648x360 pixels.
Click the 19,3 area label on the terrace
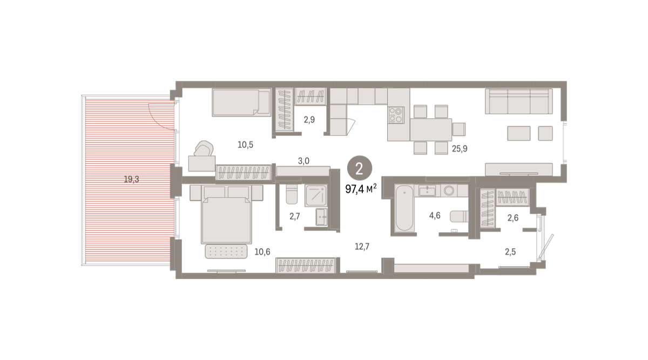[x=131, y=179]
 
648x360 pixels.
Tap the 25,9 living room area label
[x=460, y=148]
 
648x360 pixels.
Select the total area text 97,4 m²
[x=361, y=189]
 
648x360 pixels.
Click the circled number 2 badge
[x=359, y=168]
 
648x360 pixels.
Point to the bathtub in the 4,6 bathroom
[x=404, y=208]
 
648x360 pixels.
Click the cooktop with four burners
[x=396, y=115]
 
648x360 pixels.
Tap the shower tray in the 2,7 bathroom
[x=316, y=195]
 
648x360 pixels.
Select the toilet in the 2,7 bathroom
[x=291, y=194]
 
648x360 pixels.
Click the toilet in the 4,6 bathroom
[x=459, y=216]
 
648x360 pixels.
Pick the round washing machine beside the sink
[x=449, y=191]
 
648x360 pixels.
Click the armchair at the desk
[x=204, y=148]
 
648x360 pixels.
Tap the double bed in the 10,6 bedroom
[x=226, y=214]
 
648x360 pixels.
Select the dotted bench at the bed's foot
[x=226, y=252]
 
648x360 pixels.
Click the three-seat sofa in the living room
[x=519, y=101]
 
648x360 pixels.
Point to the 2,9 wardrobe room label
[x=309, y=120]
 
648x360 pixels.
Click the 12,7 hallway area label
[x=362, y=247]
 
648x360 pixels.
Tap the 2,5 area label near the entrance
[x=510, y=252]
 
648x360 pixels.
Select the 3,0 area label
[x=303, y=161]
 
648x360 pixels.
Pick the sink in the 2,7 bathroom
[x=321, y=217]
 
